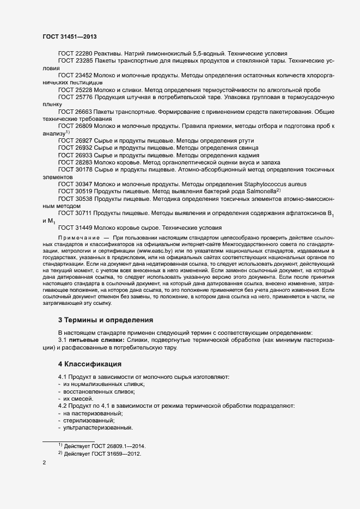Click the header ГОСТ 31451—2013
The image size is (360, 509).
(x=70, y=37)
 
